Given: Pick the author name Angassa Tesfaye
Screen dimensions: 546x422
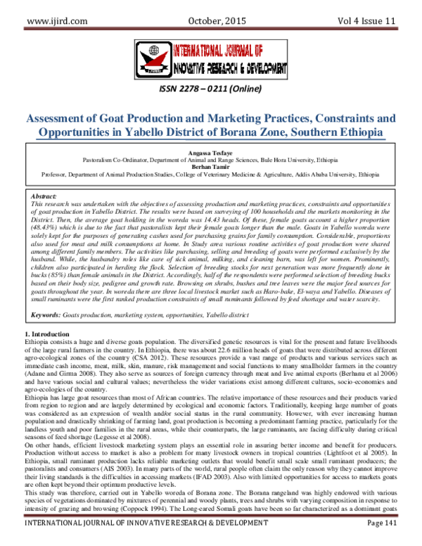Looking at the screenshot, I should click(x=210, y=152).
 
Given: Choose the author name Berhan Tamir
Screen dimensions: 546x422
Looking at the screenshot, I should click(x=210, y=166).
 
